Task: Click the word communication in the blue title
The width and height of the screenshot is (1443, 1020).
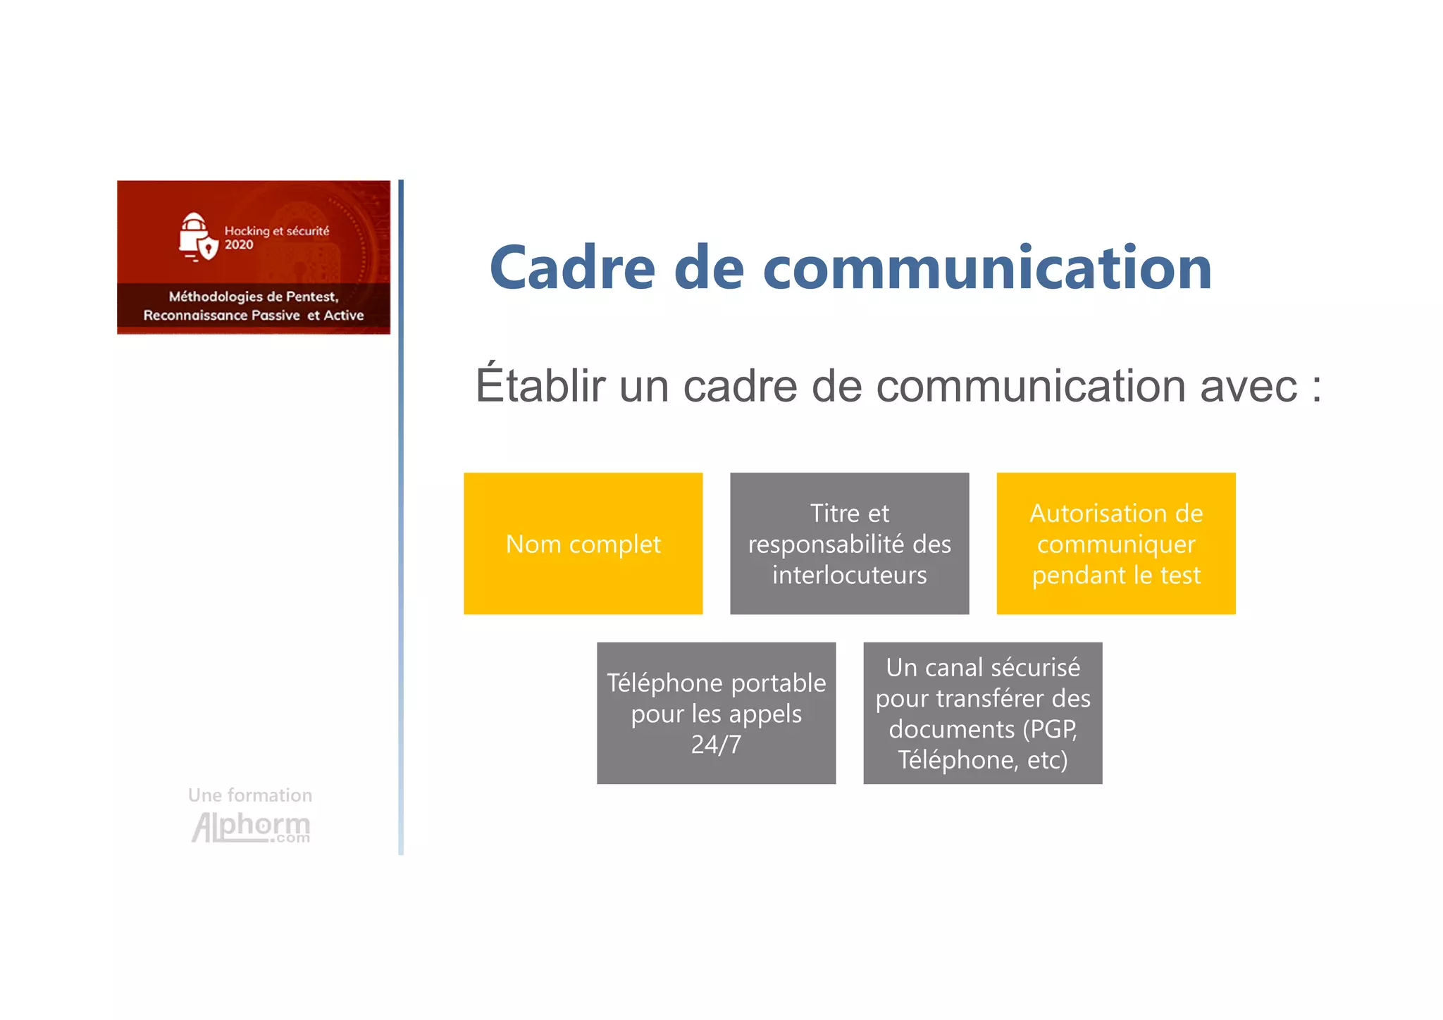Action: tap(987, 268)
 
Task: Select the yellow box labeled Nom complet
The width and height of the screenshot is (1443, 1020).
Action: tap(583, 544)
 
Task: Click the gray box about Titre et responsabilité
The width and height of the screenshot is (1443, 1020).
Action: tap(849, 544)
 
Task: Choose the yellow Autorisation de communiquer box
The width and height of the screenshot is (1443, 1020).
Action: tap(1115, 544)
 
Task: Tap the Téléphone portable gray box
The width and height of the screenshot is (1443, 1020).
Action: tap(716, 713)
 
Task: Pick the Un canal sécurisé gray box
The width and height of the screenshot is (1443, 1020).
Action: tap(982, 713)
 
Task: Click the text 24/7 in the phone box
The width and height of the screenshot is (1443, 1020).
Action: tap(716, 745)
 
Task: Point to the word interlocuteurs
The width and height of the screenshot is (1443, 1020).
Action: tap(849, 575)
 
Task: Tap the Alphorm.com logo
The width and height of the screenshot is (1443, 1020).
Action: tap(251, 827)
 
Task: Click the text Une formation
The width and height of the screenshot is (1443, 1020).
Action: tap(250, 795)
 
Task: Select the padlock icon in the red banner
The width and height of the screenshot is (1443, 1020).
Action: tap(196, 237)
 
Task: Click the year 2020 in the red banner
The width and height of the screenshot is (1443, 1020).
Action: tap(239, 245)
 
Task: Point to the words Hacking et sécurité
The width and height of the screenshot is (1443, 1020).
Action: tap(276, 230)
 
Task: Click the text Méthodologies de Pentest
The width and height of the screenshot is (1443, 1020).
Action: tap(254, 297)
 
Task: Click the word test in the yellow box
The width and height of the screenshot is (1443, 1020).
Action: tap(1179, 575)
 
